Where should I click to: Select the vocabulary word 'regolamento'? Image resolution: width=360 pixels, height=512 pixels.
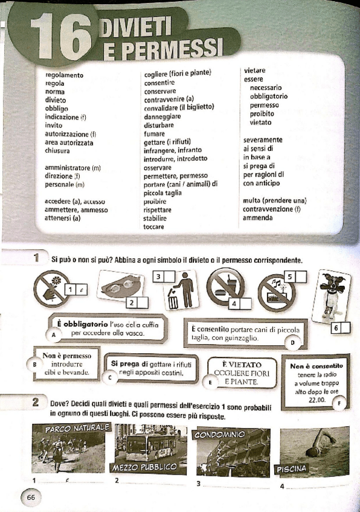click(65, 75)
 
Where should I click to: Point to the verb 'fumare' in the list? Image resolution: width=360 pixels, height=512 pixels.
click(155, 133)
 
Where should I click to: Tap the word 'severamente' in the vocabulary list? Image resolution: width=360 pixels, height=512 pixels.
click(263, 139)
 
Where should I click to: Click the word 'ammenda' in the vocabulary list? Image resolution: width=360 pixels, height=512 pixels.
click(258, 217)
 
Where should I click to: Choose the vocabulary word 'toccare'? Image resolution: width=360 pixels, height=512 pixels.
click(154, 226)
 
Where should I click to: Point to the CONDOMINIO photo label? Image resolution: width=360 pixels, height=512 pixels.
click(219, 434)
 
